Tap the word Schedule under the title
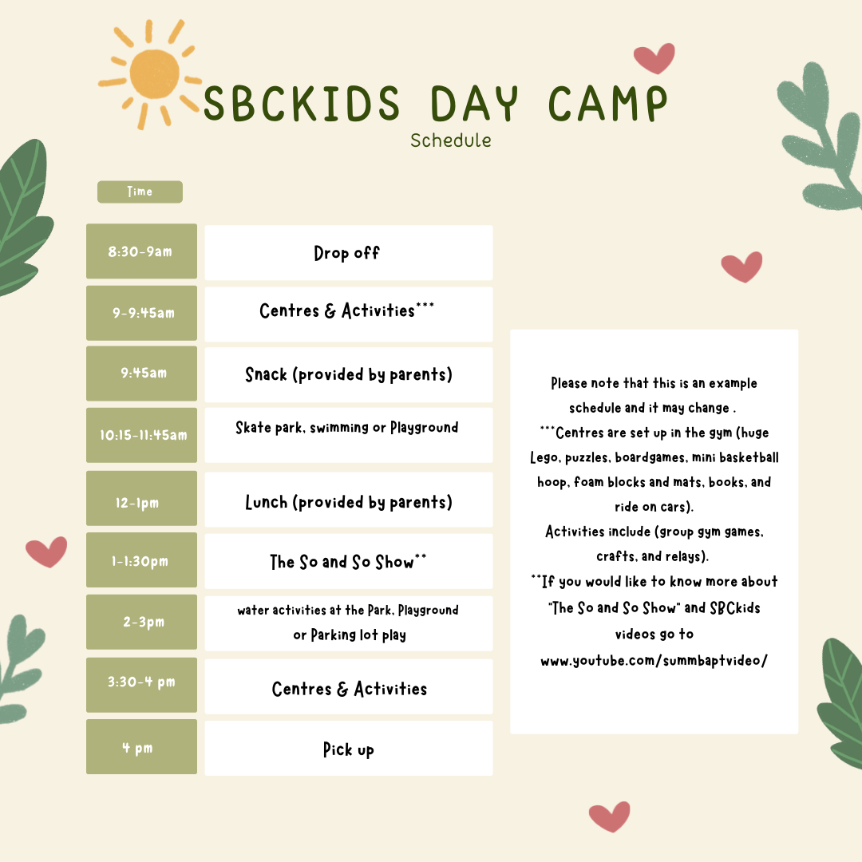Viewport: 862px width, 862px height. [x=451, y=140]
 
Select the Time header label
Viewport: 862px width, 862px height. [x=140, y=192]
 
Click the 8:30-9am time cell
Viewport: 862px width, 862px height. [x=141, y=251]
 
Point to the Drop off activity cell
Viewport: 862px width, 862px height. [x=348, y=252]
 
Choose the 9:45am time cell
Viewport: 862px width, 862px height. [x=141, y=373]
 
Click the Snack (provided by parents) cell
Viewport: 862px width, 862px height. [x=348, y=374]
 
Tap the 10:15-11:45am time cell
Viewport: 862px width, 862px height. [x=141, y=435]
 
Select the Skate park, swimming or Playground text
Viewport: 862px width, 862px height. [x=346, y=428]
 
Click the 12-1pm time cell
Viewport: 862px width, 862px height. [x=141, y=503]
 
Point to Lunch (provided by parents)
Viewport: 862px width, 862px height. [x=348, y=502]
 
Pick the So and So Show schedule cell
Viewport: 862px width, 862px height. [x=348, y=562]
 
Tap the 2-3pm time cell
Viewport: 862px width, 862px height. [x=141, y=623]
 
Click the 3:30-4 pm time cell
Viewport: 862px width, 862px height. [x=141, y=682]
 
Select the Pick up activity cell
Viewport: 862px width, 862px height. [x=348, y=749]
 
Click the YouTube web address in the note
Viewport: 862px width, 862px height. [x=654, y=661]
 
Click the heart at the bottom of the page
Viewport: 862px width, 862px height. [x=609, y=817]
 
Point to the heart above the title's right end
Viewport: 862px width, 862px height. [x=654, y=57]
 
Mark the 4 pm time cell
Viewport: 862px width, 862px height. [x=141, y=747]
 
